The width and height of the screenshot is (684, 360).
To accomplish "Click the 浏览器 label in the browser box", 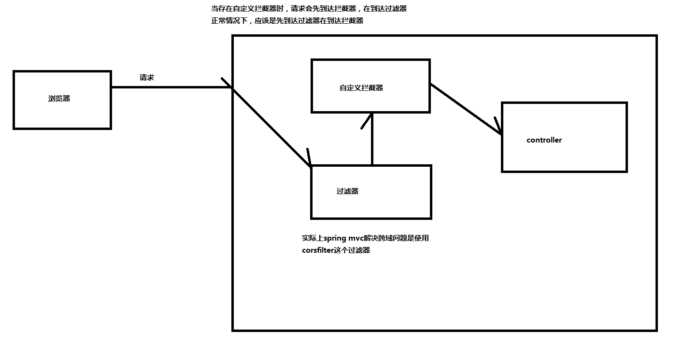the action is (59, 99).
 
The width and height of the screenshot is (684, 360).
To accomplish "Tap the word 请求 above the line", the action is (146, 77).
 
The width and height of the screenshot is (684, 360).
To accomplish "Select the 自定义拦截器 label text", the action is (361, 88).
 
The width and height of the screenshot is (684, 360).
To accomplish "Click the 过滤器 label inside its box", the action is (347, 191).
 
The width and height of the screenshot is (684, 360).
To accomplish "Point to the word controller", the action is (544, 140).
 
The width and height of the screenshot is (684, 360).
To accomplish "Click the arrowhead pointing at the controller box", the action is (499, 127).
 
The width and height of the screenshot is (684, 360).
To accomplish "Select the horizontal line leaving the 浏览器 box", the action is (169, 87).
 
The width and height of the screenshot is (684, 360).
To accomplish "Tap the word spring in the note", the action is (334, 238).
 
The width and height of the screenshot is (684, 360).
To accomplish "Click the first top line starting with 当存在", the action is (309, 9).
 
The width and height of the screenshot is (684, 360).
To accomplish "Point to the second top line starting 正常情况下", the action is (287, 21).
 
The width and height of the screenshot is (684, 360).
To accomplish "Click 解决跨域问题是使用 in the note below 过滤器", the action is (399, 238).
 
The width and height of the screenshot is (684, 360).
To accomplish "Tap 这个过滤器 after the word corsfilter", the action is (355, 250).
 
